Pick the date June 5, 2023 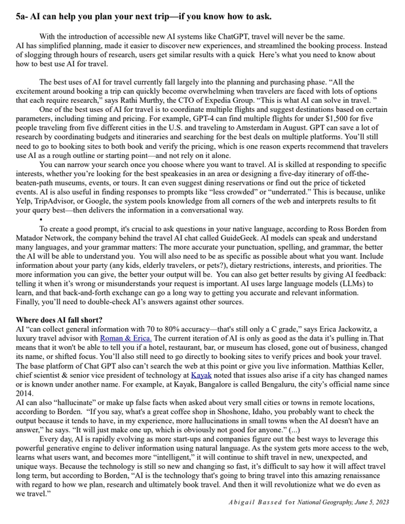(x=366, y=501)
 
